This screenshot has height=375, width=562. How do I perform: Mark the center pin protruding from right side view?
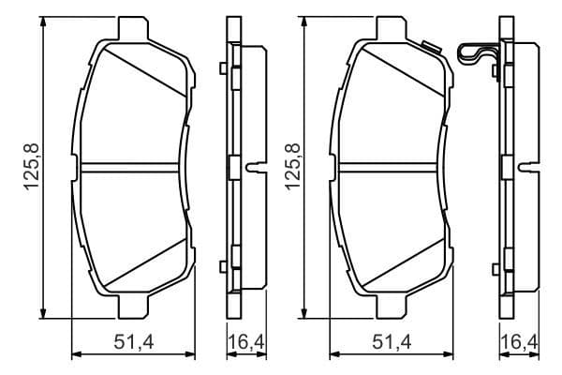tap(529, 168)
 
